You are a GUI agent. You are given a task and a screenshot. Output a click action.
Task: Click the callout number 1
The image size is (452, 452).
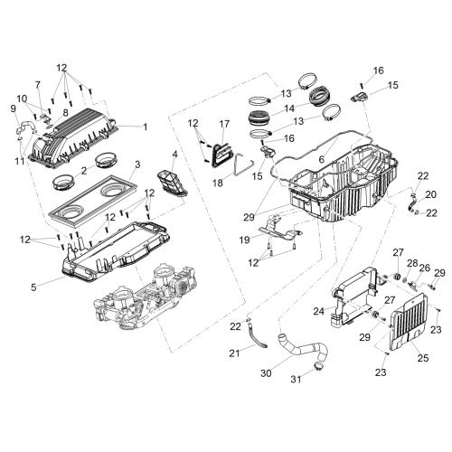pyautogui.click(x=146, y=127)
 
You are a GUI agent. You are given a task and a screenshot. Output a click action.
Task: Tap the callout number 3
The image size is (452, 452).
pyautogui.click(x=137, y=165)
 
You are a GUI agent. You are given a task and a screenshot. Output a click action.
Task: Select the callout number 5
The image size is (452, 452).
pyautogui.click(x=33, y=287)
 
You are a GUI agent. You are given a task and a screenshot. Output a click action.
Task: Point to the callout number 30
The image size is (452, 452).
pyautogui.click(x=266, y=373)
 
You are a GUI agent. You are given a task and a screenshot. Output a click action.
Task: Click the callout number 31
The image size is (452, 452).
pyautogui.click(x=296, y=379)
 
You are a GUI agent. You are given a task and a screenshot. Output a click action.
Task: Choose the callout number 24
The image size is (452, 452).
pyautogui.click(x=319, y=311)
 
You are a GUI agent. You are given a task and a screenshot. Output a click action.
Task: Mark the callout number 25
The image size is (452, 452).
pyautogui.click(x=423, y=358)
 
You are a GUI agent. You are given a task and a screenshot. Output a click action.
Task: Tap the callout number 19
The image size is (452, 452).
pyautogui.click(x=244, y=240)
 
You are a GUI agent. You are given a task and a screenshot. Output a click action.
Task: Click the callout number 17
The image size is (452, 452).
pyautogui.click(x=224, y=124)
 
